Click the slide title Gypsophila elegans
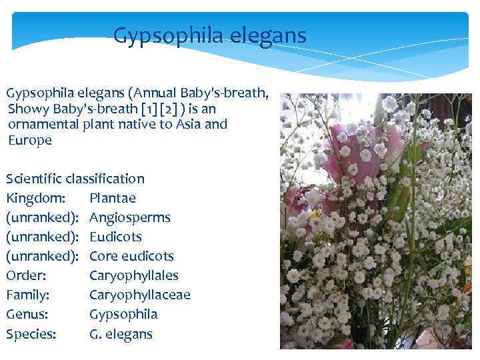(x=209, y=35)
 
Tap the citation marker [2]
(x=183, y=109)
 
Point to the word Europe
(x=30, y=140)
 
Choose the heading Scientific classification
(x=75, y=179)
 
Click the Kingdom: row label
(x=35, y=198)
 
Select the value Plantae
(x=112, y=198)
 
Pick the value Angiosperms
(x=129, y=217)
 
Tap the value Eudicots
(x=115, y=237)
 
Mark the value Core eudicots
(x=131, y=256)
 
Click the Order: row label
(x=26, y=275)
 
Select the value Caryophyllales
(x=133, y=275)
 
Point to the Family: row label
(x=28, y=295)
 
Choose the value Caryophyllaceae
(x=139, y=295)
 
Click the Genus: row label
(x=27, y=314)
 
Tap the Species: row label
(x=31, y=334)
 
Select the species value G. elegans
(x=121, y=334)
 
